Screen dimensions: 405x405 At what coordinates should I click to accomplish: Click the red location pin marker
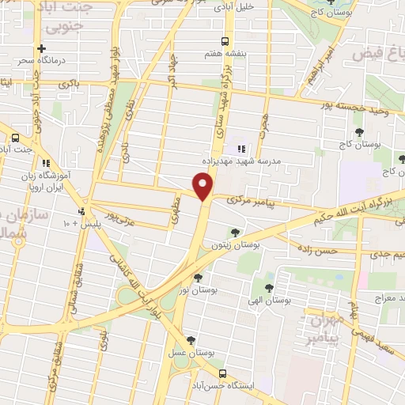pyautogui.click(x=204, y=187)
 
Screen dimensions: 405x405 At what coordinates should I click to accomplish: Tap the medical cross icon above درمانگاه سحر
pyautogui.click(x=41, y=48)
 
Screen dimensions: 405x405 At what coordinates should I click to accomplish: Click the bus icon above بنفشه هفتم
pyautogui.click(x=225, y=41)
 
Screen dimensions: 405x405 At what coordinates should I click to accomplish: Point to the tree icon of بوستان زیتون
pyautogui.click(x=235, y=232)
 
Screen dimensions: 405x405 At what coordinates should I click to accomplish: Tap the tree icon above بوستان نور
pyautogui.click(x=198, y=277)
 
